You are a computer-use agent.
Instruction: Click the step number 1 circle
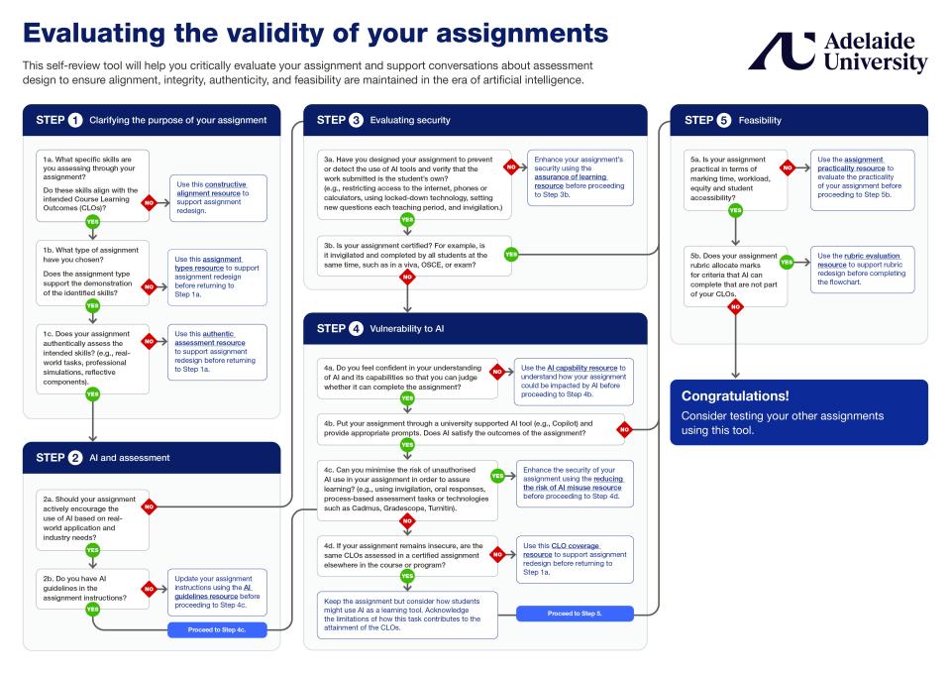[x=75, y=121]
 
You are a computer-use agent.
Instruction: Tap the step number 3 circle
[x=357, y=121]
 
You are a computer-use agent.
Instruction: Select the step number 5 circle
[x=725, y=121]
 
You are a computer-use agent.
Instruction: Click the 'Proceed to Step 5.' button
[x=576, y=614]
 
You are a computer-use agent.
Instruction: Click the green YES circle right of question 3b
[x=511, y=254]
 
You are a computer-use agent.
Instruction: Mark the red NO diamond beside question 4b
[x=624, y=430]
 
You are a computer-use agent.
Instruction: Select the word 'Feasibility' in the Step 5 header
[x=759, y=121]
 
